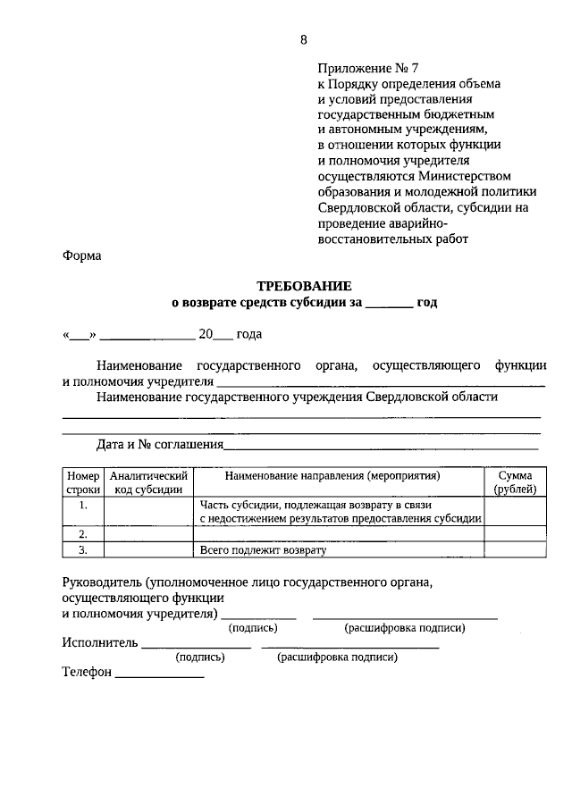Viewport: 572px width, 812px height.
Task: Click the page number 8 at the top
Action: tap(303, 39)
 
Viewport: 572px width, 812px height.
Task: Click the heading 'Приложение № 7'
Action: tap(367, 67)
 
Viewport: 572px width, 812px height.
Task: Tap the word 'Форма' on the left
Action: tap(82, 256)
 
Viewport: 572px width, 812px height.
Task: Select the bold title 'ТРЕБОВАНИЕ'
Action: tap(304, 286)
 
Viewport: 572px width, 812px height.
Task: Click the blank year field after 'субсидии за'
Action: tap(388, 304)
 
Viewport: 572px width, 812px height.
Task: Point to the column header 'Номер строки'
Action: tap(83, 482)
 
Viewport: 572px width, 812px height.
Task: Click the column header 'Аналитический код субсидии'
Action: tap(148, 482)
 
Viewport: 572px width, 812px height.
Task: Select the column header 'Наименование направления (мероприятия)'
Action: tap(339, 476)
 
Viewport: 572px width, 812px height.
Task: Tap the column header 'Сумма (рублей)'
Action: tap(515, 482)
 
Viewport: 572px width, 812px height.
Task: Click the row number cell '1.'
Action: tap(83, 506)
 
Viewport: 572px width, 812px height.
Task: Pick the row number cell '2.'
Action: tap(83, 533)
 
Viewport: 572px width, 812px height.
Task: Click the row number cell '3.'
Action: tap(83, 549)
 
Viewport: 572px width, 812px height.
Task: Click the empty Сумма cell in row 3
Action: tap(515, 549)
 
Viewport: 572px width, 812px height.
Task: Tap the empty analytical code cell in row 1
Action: tap(148, 511)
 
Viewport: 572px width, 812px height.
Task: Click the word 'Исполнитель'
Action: tap(100, 642)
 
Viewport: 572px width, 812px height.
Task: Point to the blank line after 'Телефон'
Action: tap(160, 674)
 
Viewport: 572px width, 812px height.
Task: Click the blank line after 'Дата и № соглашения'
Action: tap(381, 446)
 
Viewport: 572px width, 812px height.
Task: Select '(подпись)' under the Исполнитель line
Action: tap(200, 657)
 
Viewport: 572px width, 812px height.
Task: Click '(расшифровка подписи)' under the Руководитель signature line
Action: tap(405, 628)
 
